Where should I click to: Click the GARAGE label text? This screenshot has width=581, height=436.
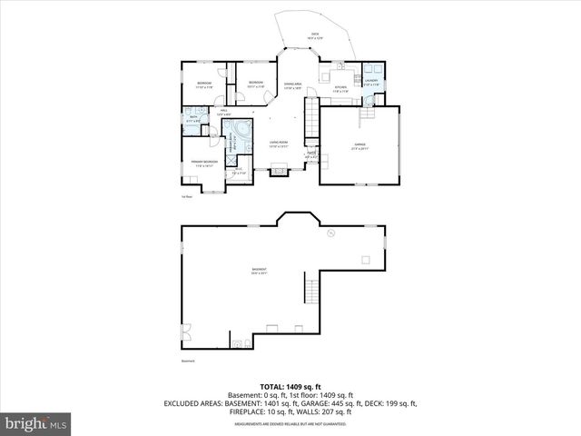pos(359,148)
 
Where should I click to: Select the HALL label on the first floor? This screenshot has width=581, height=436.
pos(223,113)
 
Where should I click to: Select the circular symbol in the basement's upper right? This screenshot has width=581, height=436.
pos(332,232)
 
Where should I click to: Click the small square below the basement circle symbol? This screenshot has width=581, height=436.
pos(365,261)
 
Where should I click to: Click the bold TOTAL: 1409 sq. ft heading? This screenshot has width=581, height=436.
pos(290,386)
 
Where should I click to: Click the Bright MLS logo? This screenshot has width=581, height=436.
pos(36,423)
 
